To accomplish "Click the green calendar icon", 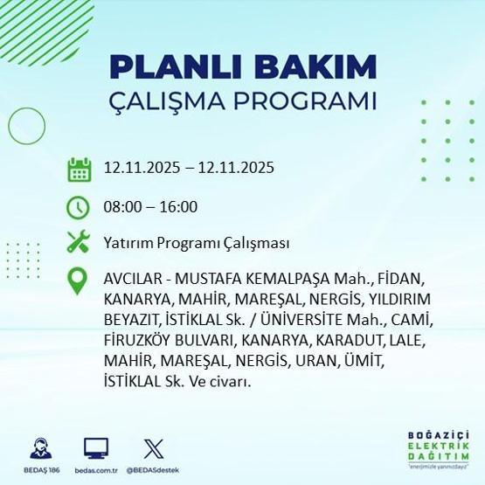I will click(79, 169).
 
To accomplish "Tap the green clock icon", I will click(79, 207).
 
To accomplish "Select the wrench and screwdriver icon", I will click(79, 242).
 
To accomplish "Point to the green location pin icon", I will click(79, 281).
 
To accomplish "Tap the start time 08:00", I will click(123, 207).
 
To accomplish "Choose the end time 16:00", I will click(178, 207).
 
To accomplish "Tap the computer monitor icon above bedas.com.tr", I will click(96, 448).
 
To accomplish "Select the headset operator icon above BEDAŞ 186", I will click(38, 448).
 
